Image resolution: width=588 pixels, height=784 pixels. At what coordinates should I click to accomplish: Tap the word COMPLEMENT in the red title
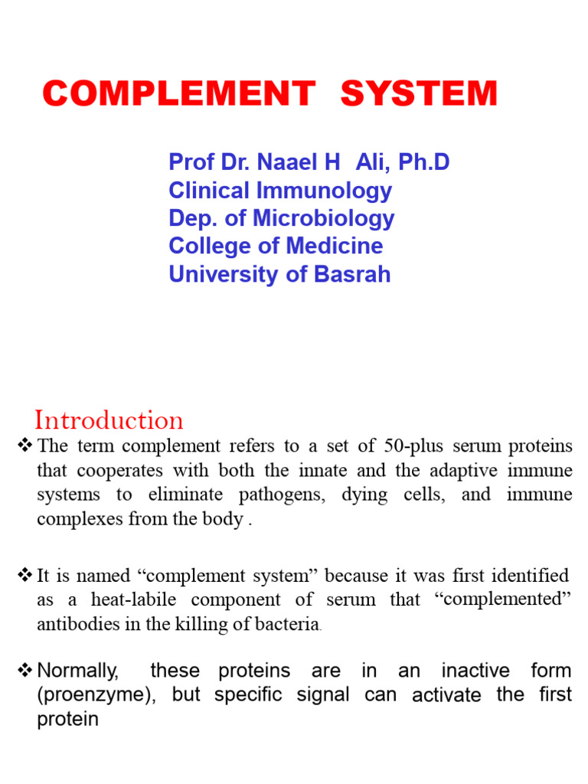[x=178, y=94]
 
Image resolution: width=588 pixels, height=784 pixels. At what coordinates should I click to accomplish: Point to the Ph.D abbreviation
[x=422, y=162]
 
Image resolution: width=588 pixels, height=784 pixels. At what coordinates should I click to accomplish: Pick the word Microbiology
[x=326, y=218]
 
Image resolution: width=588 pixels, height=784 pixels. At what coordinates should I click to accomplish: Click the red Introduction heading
[x=109, y=420]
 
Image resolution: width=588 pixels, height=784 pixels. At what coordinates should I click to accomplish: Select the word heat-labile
[x=132, y=599]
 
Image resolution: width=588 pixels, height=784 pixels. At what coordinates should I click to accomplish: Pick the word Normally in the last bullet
[x=78, y=671]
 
